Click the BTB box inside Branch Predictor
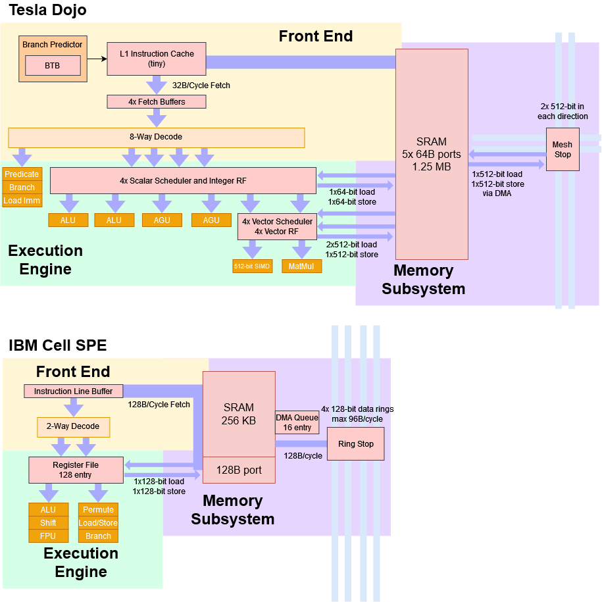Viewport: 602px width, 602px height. tap(52, 66)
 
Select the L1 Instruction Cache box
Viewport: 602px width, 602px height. tap(157, 59)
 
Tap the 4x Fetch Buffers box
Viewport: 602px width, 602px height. tap(157, 102)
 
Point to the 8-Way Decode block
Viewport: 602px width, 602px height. tap(156, 137)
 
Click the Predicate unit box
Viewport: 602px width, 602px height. tap(22, 174)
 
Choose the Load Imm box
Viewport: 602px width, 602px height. tap(22, 201)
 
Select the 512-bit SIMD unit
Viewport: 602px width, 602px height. tap(253, 266)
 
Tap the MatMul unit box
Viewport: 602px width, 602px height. tap(301, 266)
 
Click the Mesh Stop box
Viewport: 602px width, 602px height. tap(562, 149)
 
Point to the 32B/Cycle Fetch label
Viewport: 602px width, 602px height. tap(201, 86)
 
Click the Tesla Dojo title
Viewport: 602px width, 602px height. tap(47, 11)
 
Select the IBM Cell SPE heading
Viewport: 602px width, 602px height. tap(57, 345)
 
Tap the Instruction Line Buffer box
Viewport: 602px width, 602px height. tap(73, 391)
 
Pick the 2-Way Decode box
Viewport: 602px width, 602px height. tap(73, 426)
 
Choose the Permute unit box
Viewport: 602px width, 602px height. tap(98, 510)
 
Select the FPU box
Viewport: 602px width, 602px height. tap(48, 536)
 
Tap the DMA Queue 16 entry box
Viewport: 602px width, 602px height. tap(297, 422)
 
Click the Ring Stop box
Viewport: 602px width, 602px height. tap(355, 444)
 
